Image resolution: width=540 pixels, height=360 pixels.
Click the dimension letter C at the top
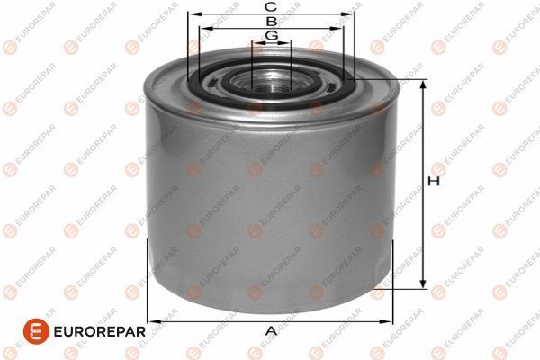coord(271,6)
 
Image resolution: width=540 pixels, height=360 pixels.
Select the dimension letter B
coord(272,22)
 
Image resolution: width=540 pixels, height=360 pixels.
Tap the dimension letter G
coord(272,35)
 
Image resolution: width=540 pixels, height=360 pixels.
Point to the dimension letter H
coord(434,181)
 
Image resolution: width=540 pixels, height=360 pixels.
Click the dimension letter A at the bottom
coord(272,331)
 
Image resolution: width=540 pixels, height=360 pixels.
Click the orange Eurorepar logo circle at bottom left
coord(36,331)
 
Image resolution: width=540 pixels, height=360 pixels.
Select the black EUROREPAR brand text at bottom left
coord(100,332)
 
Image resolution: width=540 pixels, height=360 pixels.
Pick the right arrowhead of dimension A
coord(385,322)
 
